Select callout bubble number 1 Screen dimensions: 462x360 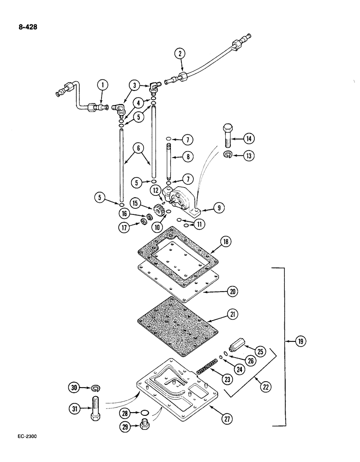(102, 85)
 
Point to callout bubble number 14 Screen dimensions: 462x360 (250, 137)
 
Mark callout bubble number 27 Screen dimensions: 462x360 (227, 421)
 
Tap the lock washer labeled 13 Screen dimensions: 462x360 (228, 155)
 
